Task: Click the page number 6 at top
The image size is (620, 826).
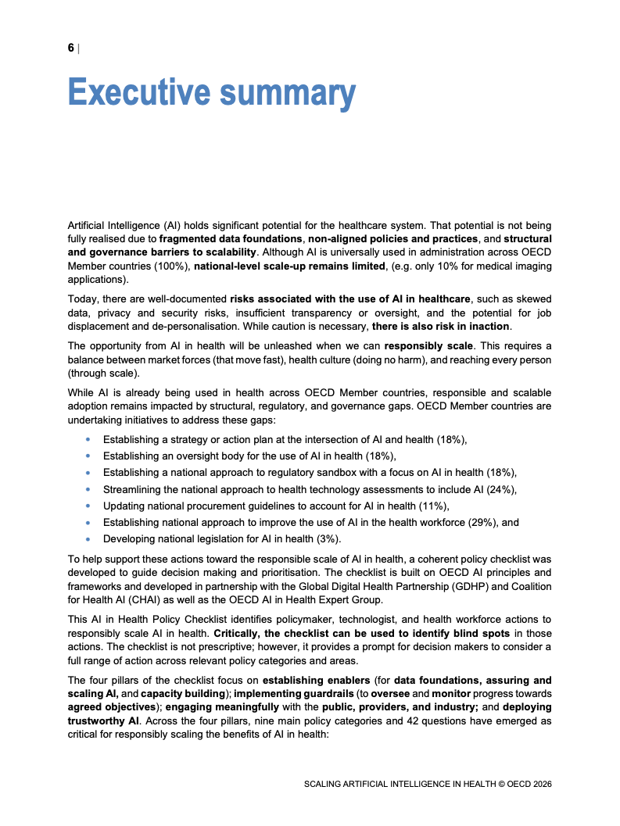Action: pos(71,48)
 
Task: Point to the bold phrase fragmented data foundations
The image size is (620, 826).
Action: pos(231,238)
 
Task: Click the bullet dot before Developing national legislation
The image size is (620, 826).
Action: pos(86,539)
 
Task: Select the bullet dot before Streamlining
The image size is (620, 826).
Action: pos(86,490)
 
